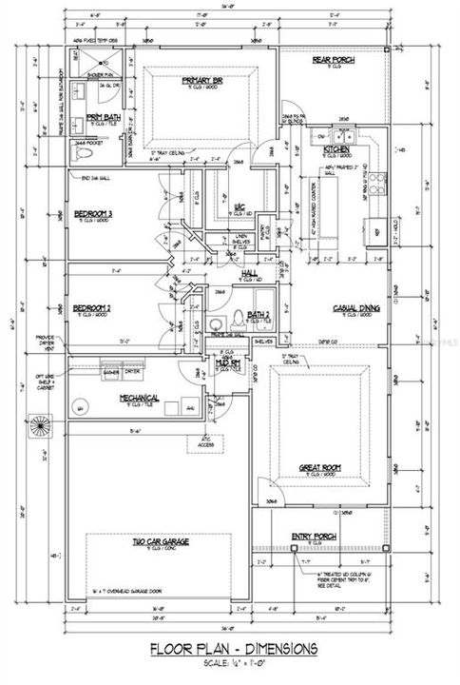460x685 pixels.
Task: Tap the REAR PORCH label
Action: coord(333,60)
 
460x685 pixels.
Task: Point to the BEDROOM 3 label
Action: coord(93,213)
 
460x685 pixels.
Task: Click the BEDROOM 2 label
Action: coord(93,307)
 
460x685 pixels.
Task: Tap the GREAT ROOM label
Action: coord(321,466)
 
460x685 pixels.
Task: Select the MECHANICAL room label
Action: coord(139,398)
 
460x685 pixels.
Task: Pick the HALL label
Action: coord(250,273)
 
